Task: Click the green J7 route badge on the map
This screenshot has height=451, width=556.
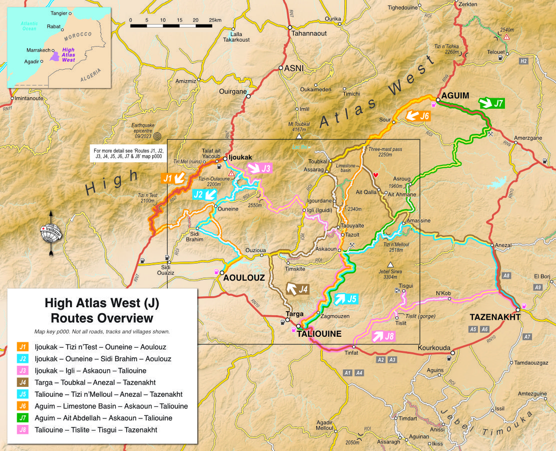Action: (x=491, y=104)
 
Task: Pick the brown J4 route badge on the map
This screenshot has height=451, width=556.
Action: (x=297, y=289)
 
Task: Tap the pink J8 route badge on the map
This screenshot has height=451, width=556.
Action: (x=383, y=336)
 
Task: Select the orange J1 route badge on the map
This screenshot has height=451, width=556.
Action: (x=173, y=178)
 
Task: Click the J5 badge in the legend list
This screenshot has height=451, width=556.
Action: (x=23, y=394)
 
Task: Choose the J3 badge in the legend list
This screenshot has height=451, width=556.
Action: (x=23, y=370)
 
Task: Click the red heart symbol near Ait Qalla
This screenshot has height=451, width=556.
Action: (x=376, y=174)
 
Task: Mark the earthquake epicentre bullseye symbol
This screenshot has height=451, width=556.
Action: (x=158, y=135)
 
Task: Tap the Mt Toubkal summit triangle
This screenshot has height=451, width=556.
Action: (x=299, y=136)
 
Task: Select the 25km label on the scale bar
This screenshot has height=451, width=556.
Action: (x=215, y=20)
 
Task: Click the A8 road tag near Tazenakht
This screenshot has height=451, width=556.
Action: (x=506, y=276)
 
